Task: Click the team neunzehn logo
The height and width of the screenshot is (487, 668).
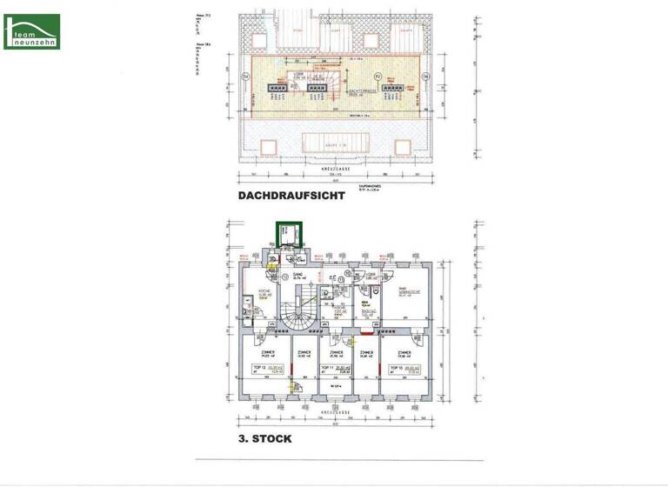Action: [31, 31]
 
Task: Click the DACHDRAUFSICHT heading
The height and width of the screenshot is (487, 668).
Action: [291, 197]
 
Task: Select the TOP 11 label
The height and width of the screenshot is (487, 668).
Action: [336, 370]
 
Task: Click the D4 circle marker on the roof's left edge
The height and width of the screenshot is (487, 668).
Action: [246, 77]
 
